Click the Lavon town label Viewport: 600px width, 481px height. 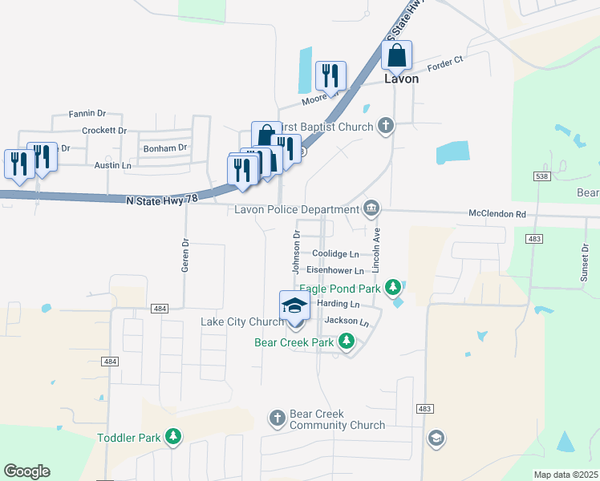click(401, 79)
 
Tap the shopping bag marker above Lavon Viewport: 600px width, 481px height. click(396, 56)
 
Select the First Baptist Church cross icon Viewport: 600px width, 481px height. click(386, 126)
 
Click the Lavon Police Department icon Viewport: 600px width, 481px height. click(371, 209)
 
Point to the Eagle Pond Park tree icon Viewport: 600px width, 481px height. click(392, 287)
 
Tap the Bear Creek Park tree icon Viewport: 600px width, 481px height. click(346, 342)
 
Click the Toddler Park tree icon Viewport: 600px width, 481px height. click(172, 437)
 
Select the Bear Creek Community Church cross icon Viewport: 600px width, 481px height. click(278, 418)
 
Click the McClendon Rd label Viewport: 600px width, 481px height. click(497, 215)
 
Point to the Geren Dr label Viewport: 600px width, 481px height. click(184, 257)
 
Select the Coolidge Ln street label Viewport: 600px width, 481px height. click(335, 254)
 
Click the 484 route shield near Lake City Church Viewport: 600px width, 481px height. click(160, 309)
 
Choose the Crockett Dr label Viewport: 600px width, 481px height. click(104, 130)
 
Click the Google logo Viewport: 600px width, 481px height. click(26, 471)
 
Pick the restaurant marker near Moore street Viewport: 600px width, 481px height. click(330, 76)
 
